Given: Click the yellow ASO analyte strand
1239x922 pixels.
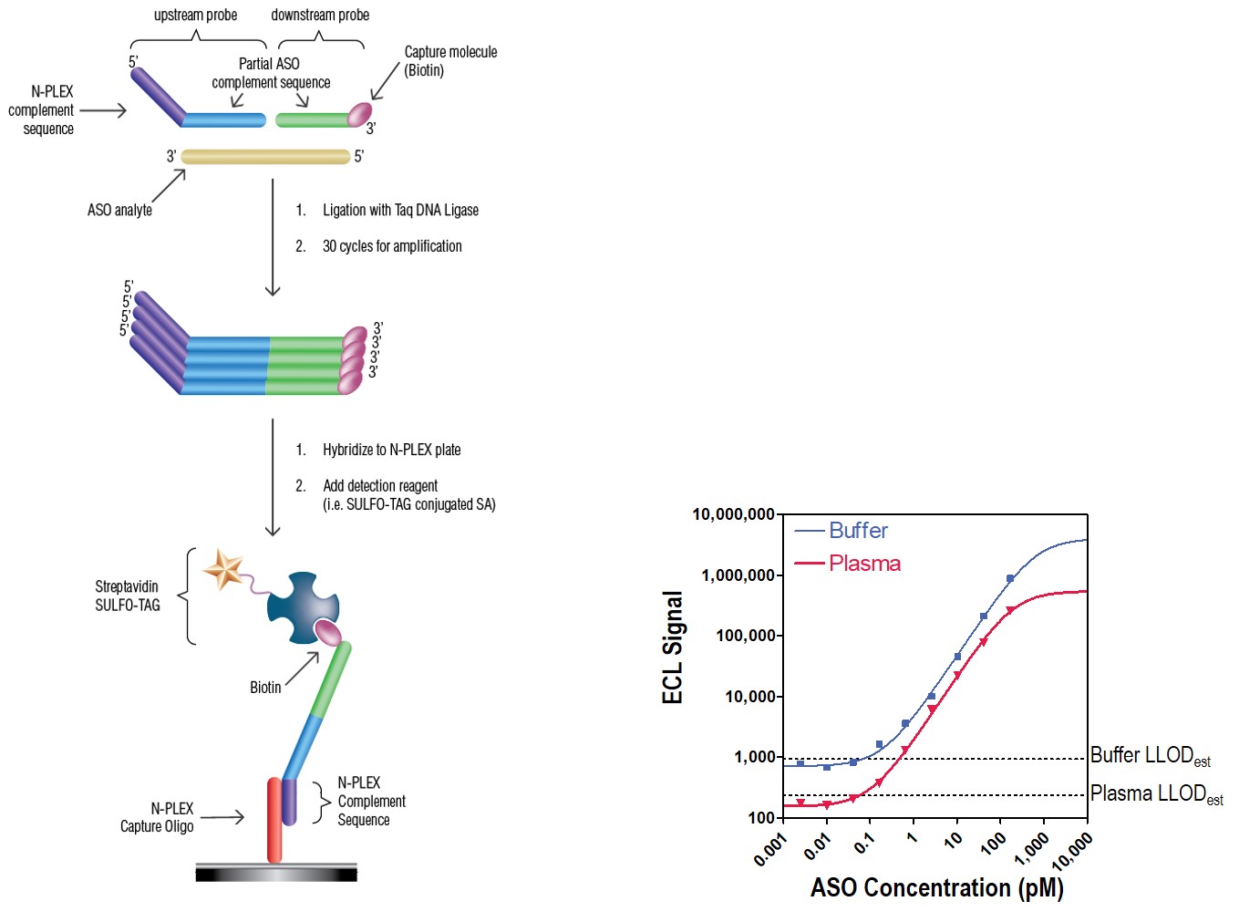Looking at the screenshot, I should [x=265, y=156].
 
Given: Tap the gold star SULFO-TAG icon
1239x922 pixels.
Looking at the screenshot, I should [x=222, y=570].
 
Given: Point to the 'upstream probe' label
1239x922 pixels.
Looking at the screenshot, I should [x=195, y=15].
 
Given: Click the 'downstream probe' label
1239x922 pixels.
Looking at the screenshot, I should [x=320, y=15].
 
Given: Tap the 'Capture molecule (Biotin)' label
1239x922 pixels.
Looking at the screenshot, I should [x=450, y=61].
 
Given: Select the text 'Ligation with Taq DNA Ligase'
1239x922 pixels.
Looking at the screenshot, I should [x=400, y=210].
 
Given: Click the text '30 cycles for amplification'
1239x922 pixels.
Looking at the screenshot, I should [x=392, y=246].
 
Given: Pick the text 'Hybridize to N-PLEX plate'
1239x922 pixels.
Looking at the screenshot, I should [x=391, y=450].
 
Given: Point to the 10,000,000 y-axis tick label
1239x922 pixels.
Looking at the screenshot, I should [x=733, y=514].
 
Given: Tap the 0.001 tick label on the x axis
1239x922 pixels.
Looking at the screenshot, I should [x=770, y=849].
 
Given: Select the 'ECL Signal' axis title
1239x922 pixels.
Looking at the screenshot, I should [x=673, y=647].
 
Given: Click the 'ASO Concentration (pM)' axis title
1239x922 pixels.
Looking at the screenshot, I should [x=936, y=887].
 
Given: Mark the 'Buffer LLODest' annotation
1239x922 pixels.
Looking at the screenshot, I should [x=1150, y=756].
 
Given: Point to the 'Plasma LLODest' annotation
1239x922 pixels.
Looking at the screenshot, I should [x=1156, y=794].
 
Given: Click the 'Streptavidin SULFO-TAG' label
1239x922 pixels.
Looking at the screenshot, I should [x=128, y=596].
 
